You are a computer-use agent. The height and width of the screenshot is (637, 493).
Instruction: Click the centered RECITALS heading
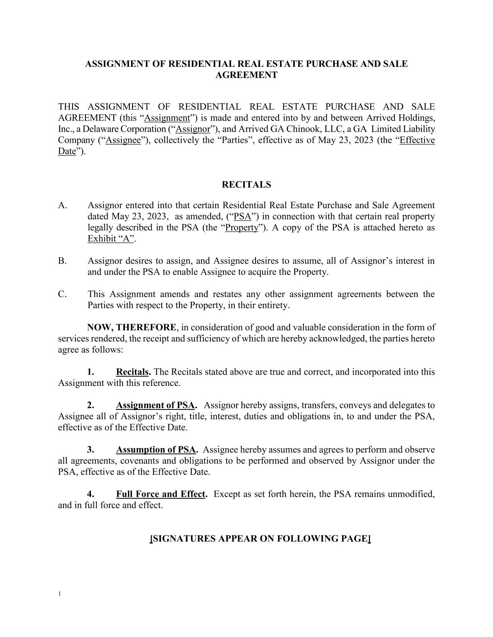(246, 185)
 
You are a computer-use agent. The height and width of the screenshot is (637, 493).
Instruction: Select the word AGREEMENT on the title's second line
(246, 75)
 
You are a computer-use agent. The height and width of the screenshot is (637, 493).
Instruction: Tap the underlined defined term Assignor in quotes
(193, 129)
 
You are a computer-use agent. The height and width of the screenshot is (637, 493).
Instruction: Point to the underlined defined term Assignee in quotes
(123, 140)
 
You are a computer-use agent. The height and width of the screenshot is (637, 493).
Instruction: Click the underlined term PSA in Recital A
(243, 216)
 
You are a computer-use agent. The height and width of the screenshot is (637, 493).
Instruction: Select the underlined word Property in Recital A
(241, 228)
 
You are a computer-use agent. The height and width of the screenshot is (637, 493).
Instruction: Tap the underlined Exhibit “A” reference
(111, 239)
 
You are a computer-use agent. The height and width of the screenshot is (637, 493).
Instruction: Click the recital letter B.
(62, 261)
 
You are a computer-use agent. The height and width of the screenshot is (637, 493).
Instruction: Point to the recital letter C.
(62, 294)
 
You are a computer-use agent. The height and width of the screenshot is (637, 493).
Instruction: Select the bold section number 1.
(91, 372)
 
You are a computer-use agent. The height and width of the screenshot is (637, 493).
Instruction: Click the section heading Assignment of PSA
(155, 406)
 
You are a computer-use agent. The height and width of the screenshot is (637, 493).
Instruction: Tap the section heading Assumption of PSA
(156, 450)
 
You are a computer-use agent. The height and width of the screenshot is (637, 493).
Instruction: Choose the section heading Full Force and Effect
(160, 494)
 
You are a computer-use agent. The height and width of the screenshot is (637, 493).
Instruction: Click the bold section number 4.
(91, 494)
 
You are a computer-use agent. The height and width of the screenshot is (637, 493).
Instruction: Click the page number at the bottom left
(60, 594)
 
